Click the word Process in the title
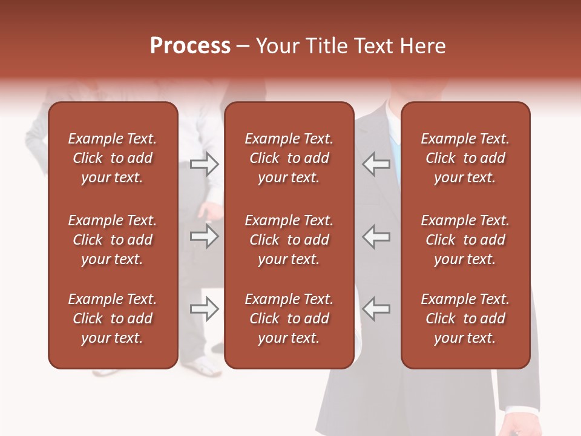pyautogui.click(x=190, y=46)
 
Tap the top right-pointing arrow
pyautogui.click(x=205, y=164)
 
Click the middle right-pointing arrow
pyautogui.click(x=205, y=236)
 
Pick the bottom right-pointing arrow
pyautogui.click(x=205, y=309)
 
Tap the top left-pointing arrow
pyautogui.click(x=376, y=164)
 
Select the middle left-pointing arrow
pyautogui.click(x=376, y=236)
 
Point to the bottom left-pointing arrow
pyautogui.click(x=376, y=309)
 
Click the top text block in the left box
pyautogui.click(x=113, y=158)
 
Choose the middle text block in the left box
pyautogui.click(x=113, y=240)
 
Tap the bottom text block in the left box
pyautogui.click(x=113, y=319)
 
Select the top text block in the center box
pyautogui.click(x=289, y=158)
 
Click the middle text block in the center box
pyautogui.click(x=289, y=240)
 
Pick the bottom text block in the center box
pyautogui.click(x=289, y=319)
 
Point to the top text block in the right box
pyautogui.click(x=465, y=158)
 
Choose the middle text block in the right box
pyautogui.click(x=465, y=240)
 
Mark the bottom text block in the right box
pyautogui.click(x=465, y=319)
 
